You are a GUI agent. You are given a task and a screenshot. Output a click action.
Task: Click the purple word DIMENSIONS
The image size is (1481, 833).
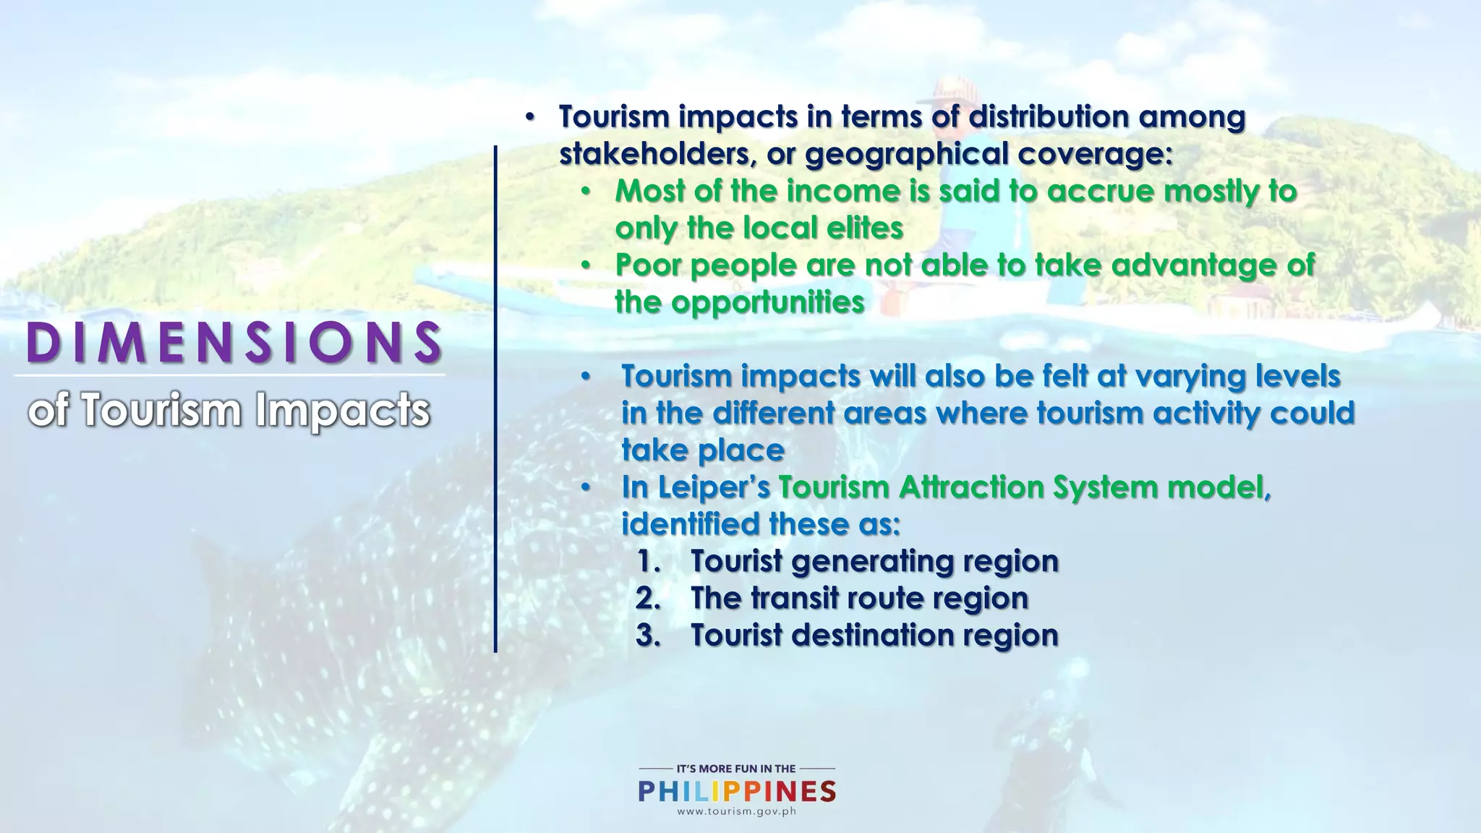[234, 342]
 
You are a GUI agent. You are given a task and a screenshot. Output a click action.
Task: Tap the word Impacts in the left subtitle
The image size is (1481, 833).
[342, 410]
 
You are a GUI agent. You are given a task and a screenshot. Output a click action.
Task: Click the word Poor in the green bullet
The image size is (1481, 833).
[649, 265]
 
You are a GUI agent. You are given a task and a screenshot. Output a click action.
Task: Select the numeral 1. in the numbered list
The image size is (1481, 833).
[649, 561]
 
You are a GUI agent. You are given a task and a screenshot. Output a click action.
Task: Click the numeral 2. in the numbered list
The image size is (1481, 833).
[649, 598]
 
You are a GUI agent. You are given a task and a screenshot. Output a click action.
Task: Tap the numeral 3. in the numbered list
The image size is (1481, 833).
[649, 635]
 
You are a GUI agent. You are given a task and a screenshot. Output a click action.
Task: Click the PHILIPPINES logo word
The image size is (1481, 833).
[737, 791]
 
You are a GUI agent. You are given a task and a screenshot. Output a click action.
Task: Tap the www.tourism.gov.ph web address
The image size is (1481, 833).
[736, 811]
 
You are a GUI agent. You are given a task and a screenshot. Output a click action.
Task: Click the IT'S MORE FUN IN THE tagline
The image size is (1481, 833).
[736, 769]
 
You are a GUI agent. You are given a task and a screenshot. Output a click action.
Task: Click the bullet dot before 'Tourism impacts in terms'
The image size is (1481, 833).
[529, 117]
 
